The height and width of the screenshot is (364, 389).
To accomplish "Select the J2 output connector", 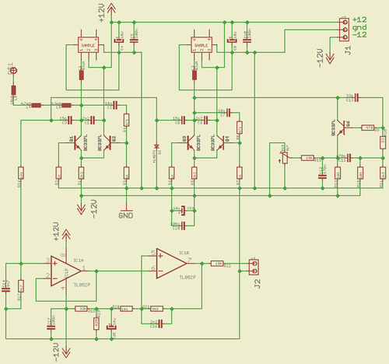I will [253, 266].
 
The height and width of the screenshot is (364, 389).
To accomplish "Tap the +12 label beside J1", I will [359, 19].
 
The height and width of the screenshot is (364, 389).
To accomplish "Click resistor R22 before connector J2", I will [219, 263].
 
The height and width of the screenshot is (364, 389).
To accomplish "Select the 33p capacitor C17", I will [349, 97].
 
